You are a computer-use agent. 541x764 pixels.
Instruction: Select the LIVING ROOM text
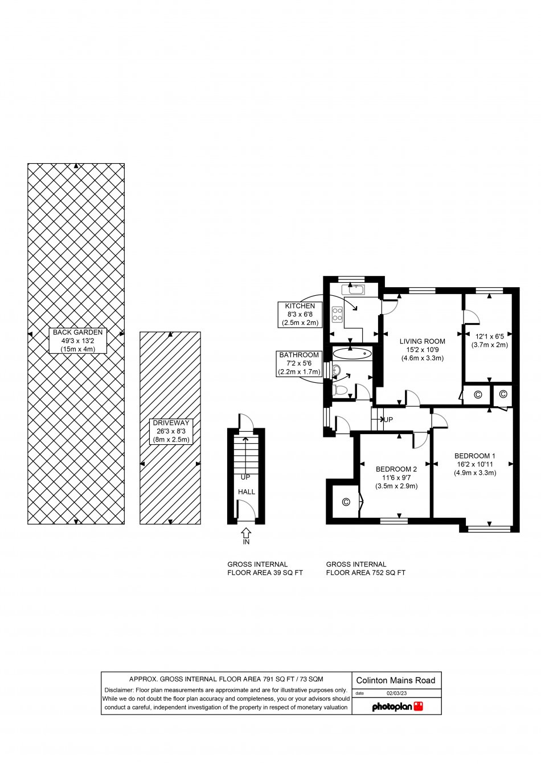click(x=422, y=341)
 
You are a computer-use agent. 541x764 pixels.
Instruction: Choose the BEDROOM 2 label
click(x=396, y=469)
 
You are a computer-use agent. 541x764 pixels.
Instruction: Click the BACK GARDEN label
click(x=77, y=332)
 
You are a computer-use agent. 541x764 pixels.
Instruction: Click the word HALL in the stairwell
click(x=247, y=492)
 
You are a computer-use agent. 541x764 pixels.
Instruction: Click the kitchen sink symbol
click(x=357, y=290)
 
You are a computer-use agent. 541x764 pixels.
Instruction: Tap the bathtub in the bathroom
click(x=352, y=354)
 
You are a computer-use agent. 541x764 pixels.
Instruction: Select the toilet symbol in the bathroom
click(x=340, y=390)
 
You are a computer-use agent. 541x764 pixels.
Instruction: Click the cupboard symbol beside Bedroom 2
click(x=346, y=502)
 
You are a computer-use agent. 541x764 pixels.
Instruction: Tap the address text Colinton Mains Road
click(x=396, y=680)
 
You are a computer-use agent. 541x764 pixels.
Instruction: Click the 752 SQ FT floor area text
click(x=366, y=573)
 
